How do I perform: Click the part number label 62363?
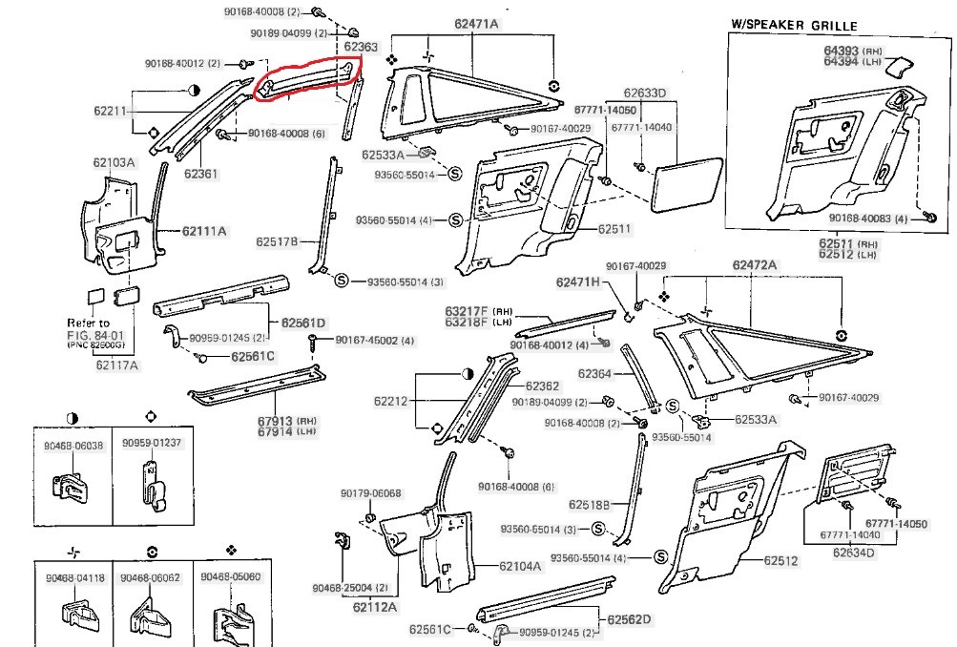click(x=361, y=46)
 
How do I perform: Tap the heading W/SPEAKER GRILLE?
click(x=794, y=26)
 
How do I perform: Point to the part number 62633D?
click(x=645, y=94)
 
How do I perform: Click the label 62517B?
click(x=280, y=241)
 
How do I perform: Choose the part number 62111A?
click(x=205, y=231)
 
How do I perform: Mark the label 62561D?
click(x=304, y=322)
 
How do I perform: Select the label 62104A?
click(x=520, y=566)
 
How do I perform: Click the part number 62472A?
click(x=754, y=264)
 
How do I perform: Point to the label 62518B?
click(x=589, y=504)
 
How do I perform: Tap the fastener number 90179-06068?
click(x=371, y=493)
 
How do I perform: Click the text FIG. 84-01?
click(x=90, y=334)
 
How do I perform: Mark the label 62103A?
click(x=114, y=163)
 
